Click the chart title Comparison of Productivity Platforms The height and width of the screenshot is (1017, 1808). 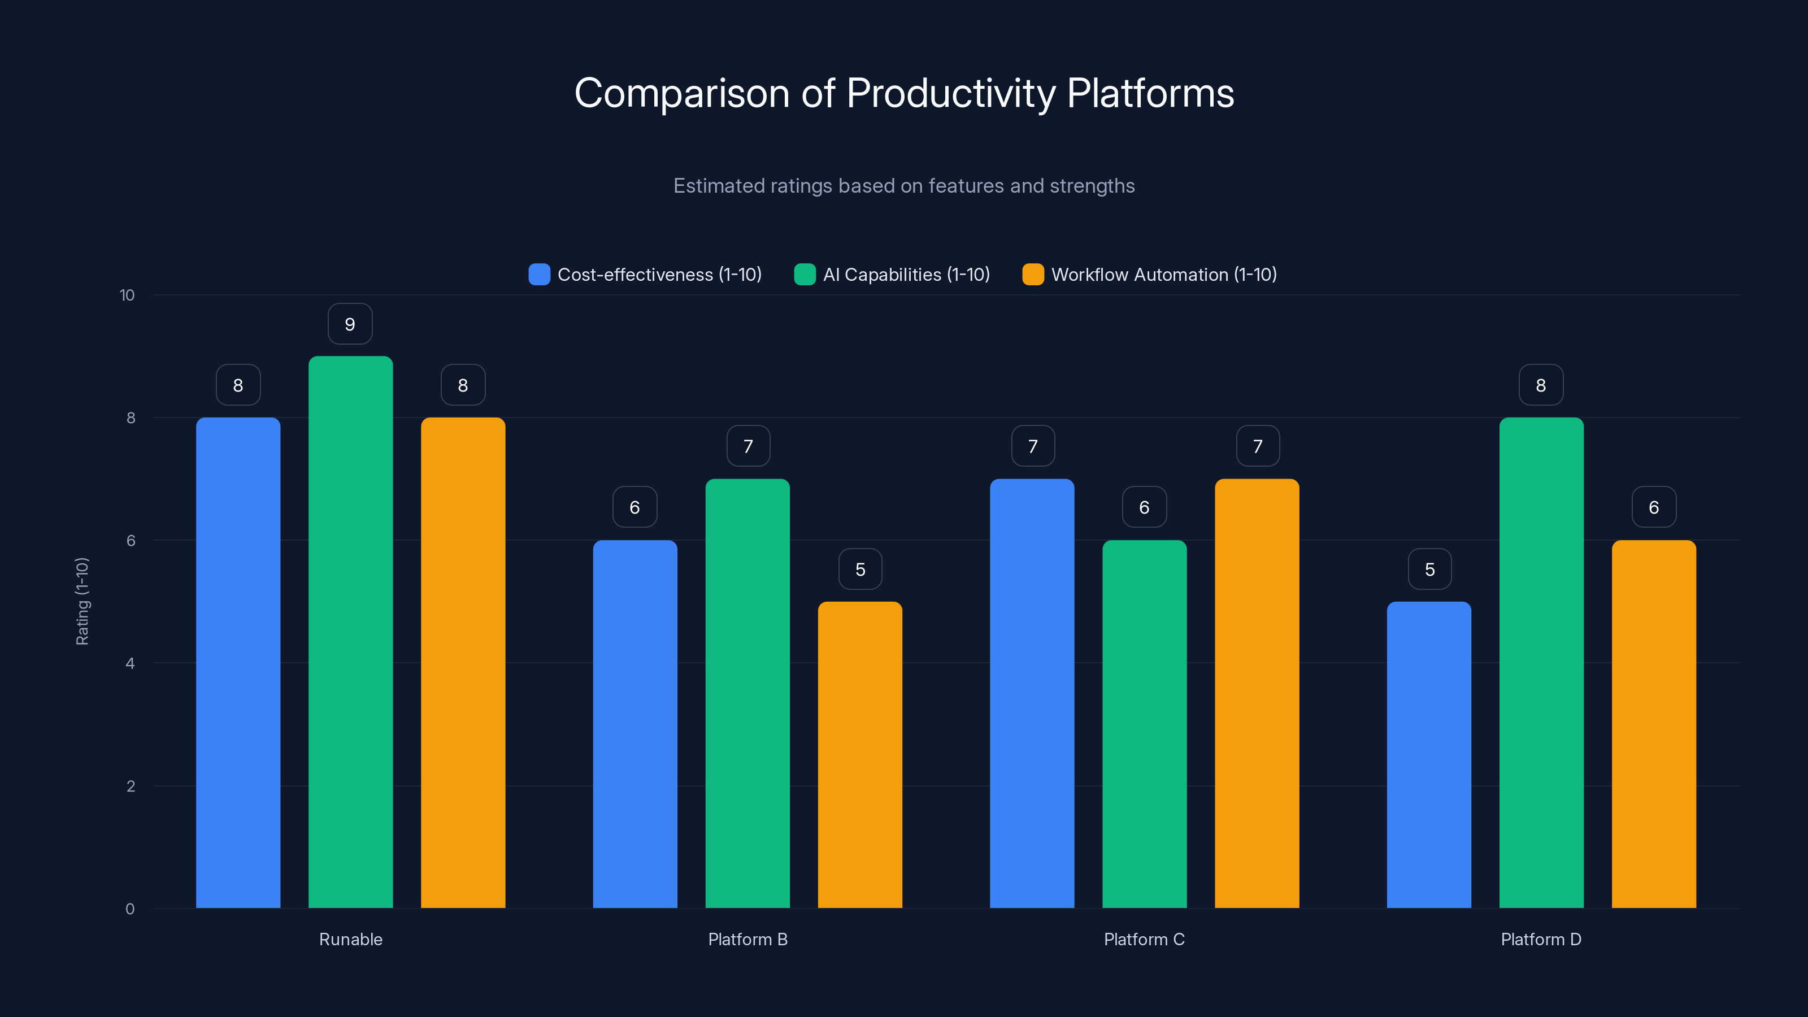coord(904,93)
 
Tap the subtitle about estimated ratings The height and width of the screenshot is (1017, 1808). coord(904,185)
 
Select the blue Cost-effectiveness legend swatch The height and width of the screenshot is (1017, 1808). coord(539,275)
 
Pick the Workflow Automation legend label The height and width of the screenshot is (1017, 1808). coord(1164,275)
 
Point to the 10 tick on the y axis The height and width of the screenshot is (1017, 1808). coord(127,295)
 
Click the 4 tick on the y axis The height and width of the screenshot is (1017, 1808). coord(130,663)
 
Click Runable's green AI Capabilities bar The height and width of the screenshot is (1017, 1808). coord(350,632)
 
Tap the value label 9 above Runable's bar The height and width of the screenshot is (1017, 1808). coord(350,324)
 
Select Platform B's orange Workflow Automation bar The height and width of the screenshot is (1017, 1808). coord(860,754)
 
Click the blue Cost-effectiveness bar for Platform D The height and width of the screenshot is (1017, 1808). coord(1429,754)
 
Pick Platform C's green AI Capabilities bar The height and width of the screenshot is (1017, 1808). coord(1144,723)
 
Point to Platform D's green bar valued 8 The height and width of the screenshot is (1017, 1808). coord(1541,663)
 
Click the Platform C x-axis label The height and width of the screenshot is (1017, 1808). coord(1144,939)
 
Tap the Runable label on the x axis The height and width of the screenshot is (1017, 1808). coord(350,939)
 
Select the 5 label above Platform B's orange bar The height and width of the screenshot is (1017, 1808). coord(860,569)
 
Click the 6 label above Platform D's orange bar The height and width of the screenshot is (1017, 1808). coord(1654,507)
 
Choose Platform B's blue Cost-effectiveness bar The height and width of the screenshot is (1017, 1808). coord(634,723)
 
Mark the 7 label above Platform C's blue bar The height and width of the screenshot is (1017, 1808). coord(1032,446)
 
